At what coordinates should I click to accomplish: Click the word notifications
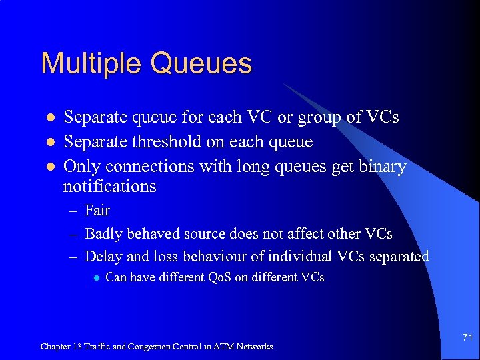click(109, 186)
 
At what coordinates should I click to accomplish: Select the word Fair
click(97, 211)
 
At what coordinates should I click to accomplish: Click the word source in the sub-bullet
click(199, 234)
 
